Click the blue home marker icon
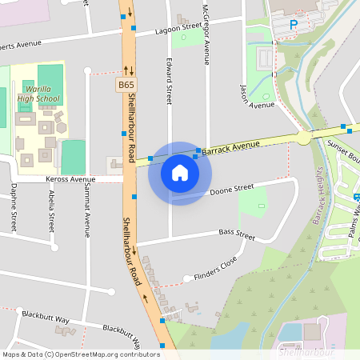click(180, 173)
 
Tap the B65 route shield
click(126, 84)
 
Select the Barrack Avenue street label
click(231, 146)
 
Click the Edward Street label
click(169, 80)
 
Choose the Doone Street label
click(231, 190)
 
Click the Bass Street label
click(236, 236)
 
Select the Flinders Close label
click(215, 274)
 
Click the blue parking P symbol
click(293, 24)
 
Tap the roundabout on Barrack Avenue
click(303, 138)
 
